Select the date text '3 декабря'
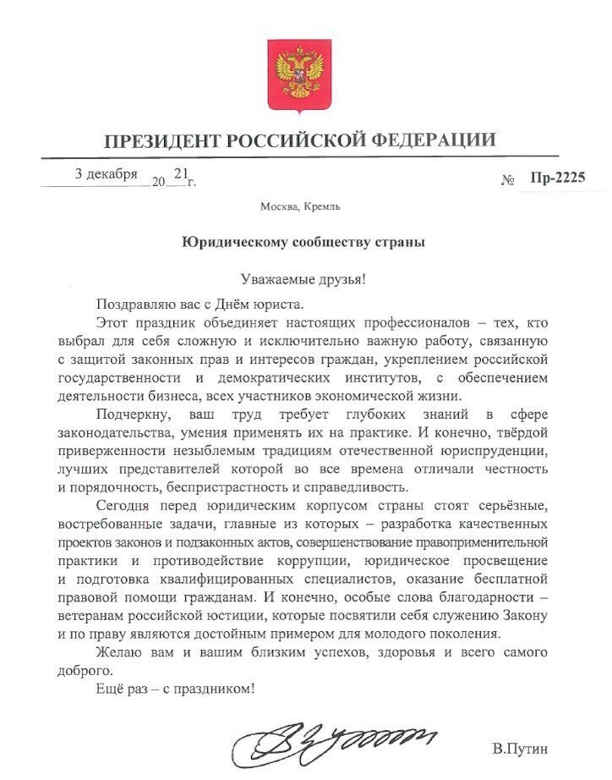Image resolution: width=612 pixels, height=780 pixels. (x=106, y=174)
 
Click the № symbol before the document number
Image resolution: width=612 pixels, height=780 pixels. (x=509, y=179)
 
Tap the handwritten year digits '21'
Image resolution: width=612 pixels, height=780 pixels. (x=179, y=173)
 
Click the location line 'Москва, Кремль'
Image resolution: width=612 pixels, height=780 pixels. (x=301, y=206)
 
